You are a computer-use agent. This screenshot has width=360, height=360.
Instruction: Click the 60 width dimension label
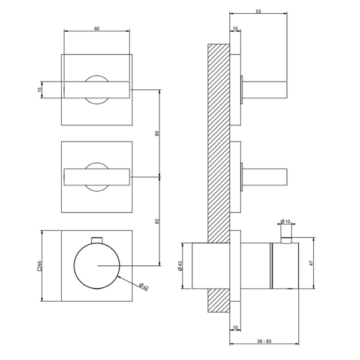pyautogui.click(x=97, y=29)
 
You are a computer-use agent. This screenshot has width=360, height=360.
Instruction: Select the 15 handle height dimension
pyautogui.click(x=39, y=89)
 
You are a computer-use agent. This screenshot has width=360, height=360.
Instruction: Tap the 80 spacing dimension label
pyautogui.click(x=157, y=133)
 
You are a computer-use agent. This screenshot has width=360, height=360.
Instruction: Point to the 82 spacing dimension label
pyautogui.click(x=157, y=221)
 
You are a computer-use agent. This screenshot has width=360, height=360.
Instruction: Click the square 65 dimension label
pyautogui.click(x=39, y=265)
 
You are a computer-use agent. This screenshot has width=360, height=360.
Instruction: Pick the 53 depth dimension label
pyautogui.click(x=258, y=11)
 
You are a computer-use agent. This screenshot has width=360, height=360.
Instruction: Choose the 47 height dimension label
pyautogui.click(x=311, y=263)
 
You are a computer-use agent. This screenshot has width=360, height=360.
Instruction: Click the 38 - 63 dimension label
pyautogui.click(x=264, y=341)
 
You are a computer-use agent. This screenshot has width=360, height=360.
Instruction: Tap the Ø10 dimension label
pyautogui.click(x=286, y=221)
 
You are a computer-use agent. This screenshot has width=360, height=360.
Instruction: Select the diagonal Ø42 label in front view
pyautogui.click(x=144, y=287)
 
